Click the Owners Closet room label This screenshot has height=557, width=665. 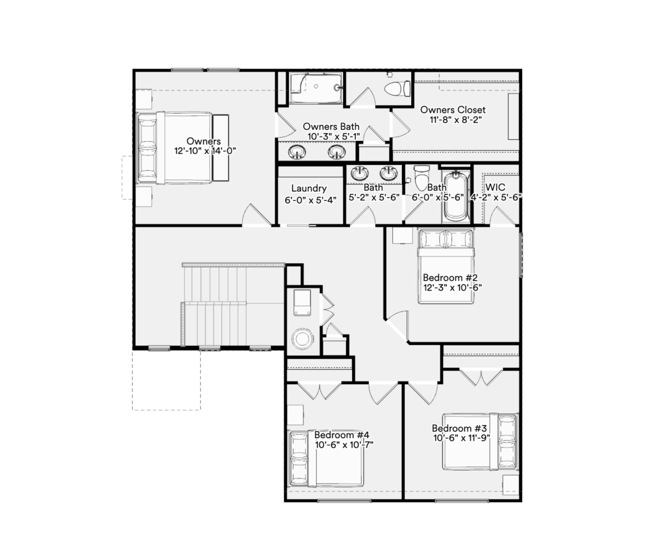click(453, 110)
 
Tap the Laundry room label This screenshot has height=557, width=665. click(308, 188)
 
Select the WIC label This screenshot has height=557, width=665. click(496, 187)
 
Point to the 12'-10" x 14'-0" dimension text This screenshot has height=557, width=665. click(205, 151)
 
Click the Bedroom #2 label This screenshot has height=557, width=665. click(450, 278)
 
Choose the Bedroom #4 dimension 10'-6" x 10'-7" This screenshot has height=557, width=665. click(344, 445)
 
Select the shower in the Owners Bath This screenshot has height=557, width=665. click(316, 88)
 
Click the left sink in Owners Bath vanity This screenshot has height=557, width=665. click(297, 151)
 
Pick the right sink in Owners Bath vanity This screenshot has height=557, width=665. click(337, 151)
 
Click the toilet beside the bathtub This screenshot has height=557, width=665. click(421, 178)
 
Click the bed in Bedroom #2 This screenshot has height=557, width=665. click(445, 266)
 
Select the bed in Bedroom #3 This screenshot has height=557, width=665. click(480, 441)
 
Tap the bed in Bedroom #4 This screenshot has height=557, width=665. click(326, 458)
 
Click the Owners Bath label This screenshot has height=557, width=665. click(331, 127)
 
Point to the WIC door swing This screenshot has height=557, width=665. click(501, 216)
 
